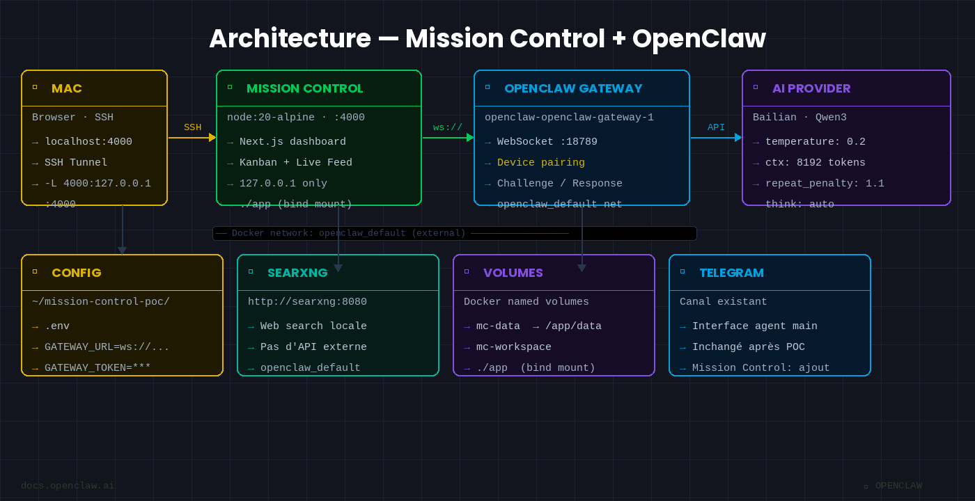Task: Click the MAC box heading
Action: pos(66,88)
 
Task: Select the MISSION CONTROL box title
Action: pos(304,88)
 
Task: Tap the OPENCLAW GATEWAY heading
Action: pos(572,88)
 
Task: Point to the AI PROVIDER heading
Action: pos(811,88)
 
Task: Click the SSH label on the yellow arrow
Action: pos(192,127)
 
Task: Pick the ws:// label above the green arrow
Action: pos(448,127)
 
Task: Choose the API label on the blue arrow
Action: pos(716,127)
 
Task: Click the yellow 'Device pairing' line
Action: pos(540,163)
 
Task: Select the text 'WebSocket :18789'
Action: pos(547,142)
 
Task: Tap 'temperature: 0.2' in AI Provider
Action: pos(815,142)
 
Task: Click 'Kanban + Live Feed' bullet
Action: pos(295,163)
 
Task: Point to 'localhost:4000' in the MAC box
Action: pos(88,142)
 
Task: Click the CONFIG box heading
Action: pos(76,273)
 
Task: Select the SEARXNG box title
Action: pos(297,273)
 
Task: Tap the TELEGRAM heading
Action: pos(731,273)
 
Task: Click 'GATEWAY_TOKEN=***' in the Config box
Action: pos(97,368)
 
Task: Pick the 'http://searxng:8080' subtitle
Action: pos(307,302)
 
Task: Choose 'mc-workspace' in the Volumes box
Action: pos(513,347)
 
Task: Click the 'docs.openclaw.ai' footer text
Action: pos(68,486)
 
